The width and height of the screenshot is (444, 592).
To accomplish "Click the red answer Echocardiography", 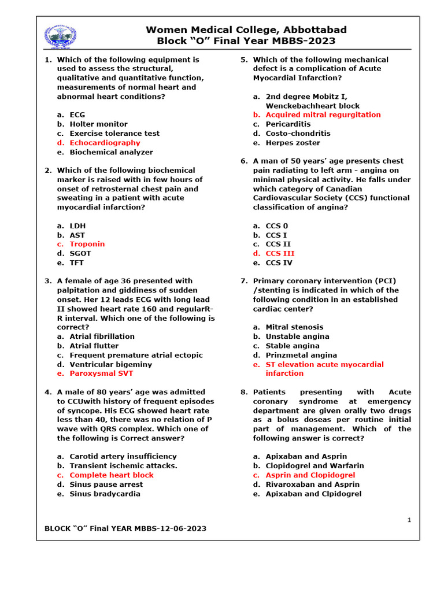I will tap(105, 143).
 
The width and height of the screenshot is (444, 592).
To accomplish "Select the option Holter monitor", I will tap(98, 124).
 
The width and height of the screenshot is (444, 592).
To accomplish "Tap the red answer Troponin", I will tap(87, 244).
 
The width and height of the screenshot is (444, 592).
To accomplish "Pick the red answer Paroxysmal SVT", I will tap(101, 373).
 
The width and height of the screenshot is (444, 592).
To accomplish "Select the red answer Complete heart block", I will tap(112, 475).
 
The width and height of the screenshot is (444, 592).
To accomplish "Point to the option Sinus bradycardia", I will tap(105, 494).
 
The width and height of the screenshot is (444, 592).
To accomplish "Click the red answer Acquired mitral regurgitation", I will tap(323, 114).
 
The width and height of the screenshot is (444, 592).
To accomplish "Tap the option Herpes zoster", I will tap(293, 143).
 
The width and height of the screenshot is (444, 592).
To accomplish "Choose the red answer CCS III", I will tap(280, 253).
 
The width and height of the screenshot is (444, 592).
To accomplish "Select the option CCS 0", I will tap(276, 225).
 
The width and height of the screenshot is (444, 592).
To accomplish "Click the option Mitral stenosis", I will tap(294, 327).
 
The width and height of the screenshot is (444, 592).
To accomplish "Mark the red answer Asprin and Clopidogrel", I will tap(310, 475).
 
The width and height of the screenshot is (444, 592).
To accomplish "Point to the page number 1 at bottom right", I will tap(409, 520).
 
